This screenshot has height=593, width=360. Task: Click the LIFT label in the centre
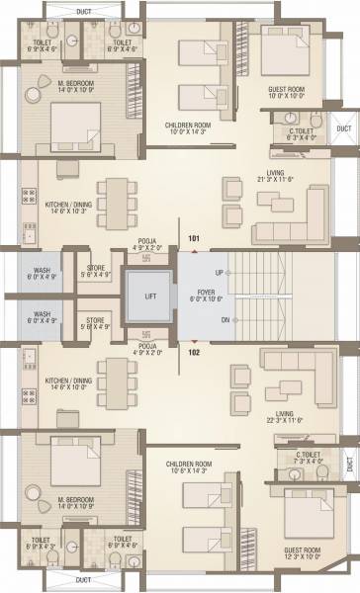[149, 295]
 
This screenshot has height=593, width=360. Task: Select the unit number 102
[194, 351]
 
